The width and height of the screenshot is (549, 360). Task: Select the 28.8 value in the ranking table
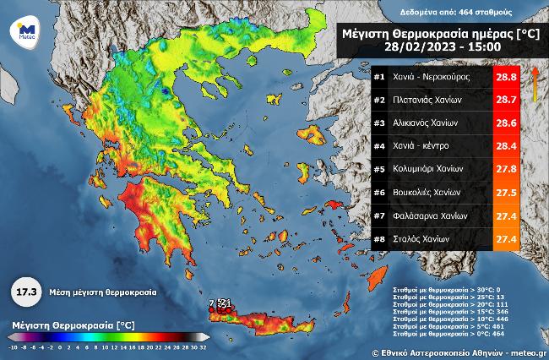pos(505,77)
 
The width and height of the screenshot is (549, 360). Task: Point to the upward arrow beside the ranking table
pos(534,85)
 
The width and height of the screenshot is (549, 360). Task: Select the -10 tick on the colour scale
pos(13,346)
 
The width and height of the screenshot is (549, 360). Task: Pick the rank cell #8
pos(379,239)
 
